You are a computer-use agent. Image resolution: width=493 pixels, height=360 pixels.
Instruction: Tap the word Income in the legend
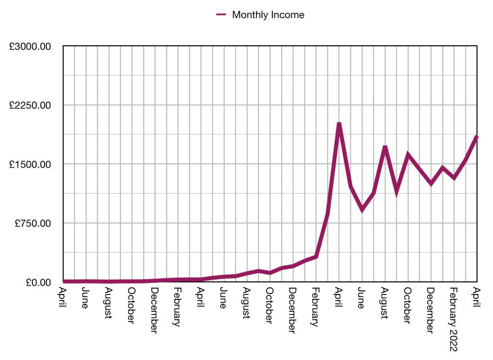[x=288, y=15]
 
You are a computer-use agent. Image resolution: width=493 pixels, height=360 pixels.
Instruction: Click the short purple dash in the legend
[x=221, y=15]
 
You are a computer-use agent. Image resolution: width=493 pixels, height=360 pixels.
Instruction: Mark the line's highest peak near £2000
[x=339, y=124]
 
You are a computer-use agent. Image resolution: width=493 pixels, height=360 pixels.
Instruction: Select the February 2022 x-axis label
[x=453, y=319]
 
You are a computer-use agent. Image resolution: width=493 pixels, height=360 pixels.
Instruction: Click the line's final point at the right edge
[x=477, y=137]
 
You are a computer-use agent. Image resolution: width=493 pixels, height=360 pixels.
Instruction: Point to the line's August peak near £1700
[x=385, y=147]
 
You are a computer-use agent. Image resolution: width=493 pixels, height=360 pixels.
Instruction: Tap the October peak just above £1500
[x=408, y=155]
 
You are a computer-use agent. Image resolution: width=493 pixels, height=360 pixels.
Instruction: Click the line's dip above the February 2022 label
[x=454, y=178]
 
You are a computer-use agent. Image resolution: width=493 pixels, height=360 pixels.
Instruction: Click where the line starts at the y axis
[x=64, y=281]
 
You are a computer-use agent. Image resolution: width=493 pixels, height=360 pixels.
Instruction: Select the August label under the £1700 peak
[x=385, y=303]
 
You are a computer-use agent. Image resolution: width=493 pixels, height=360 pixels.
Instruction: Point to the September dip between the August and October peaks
[x=397, y=192]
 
